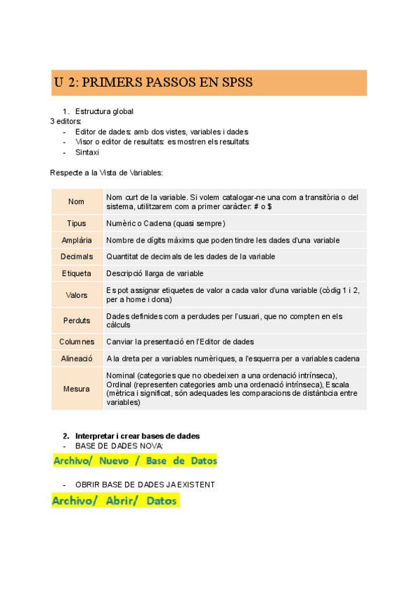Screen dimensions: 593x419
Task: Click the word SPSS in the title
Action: coord(235,83)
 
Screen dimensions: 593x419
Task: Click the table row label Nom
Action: coord(76,201)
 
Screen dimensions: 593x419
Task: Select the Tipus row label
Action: coord(76,224)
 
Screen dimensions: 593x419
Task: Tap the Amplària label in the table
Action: coord(76,241)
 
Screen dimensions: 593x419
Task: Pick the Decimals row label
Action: coord(76,257)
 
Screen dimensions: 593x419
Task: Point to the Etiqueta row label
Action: coord(76,273)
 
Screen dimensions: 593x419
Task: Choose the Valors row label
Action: coord(76,295)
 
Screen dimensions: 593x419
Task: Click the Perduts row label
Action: coord(76,320)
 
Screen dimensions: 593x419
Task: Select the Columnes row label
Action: coord(76,342)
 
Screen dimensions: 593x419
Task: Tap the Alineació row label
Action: coord(76,359)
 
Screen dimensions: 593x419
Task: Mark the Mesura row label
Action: coord(76,389)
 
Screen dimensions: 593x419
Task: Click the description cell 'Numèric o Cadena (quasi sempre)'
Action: coord(166,224)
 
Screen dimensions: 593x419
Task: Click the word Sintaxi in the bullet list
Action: coord(87,152)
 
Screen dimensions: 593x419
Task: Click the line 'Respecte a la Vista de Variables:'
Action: coord(106,172)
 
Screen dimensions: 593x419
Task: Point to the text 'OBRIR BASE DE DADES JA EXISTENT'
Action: coord(145,485)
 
